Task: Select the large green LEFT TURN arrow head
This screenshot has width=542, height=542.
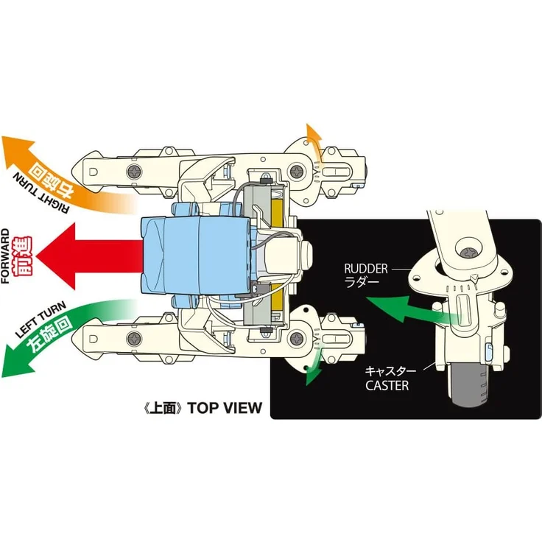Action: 16,359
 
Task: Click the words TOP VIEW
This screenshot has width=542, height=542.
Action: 225,407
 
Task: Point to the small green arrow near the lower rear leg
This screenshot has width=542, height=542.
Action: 313,366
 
